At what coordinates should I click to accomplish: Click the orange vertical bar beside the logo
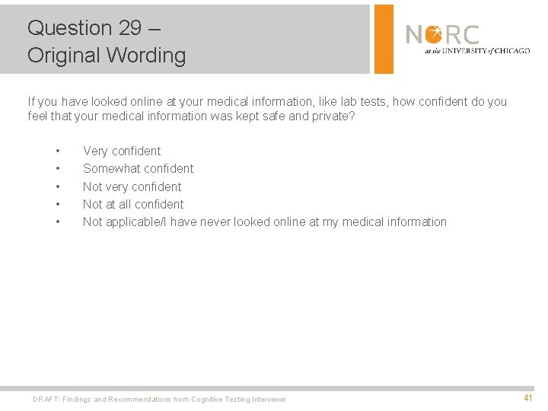(x=384, y=38)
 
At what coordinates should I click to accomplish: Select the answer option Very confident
(x=122, y=151)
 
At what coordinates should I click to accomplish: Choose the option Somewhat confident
(x=138, y=168)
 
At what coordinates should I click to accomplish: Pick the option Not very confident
(x=132, y=186)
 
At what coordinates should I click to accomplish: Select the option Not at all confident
(x=133, y=204)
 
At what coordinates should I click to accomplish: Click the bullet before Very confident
(x=57, y=151)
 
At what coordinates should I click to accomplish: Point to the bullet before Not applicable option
(x=57, y=221)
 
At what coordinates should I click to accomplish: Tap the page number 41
(x=528, y=397)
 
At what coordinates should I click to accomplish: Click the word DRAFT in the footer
(x=45, y=400)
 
